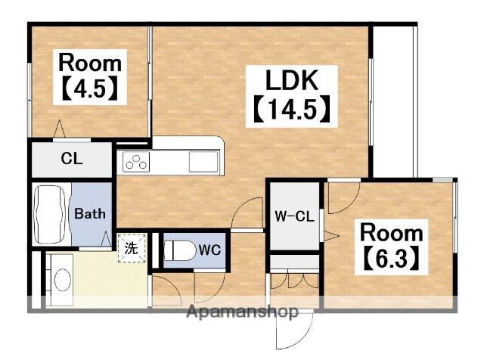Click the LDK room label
click(x=291, y=80)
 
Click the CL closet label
click(x=72, y=159)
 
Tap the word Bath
click(x=90, y=213)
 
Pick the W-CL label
click(x=294, y=216)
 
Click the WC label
click(x=209, y=250)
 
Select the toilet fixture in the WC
click(x=180, y=250)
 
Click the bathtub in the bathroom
click(x=51, y=214)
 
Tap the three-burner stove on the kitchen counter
click(x=136, y=162)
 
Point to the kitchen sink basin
click(x=203, y=162)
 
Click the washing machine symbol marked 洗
click(x=132, y=248)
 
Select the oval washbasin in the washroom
click(x=62, y=279)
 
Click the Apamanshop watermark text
click(x=243, y=312)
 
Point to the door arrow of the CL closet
click(x=59, y=129)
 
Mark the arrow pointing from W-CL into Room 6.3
click(x=331, y=236)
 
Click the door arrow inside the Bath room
click(x=106, y=239)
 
